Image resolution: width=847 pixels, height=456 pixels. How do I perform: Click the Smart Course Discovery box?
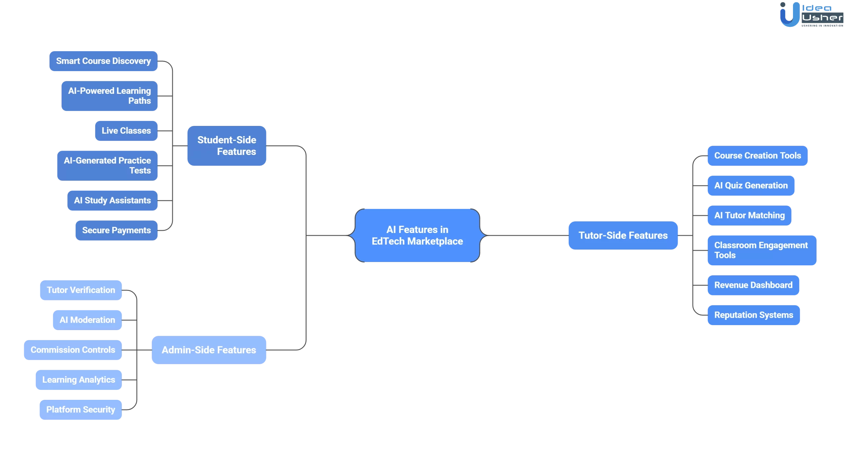coord(103,61)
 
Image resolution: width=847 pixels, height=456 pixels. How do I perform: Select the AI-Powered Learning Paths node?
coord(109,96)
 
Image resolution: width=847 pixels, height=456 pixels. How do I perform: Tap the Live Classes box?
coord(126,131)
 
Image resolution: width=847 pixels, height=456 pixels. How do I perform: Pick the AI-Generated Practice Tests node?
coord(107,166)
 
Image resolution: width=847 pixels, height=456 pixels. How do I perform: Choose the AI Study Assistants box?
coord(112,201)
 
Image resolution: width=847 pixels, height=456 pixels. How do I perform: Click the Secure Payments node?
coord(116,230)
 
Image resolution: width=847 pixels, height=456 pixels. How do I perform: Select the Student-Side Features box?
coord(227,146)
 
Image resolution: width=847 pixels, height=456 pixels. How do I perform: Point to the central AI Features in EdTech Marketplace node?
coord(417,235)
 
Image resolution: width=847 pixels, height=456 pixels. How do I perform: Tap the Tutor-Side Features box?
coord(623,235)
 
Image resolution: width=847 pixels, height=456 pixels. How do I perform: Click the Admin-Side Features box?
coord(209,350)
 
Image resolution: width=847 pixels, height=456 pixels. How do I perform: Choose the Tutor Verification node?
coord(81,290)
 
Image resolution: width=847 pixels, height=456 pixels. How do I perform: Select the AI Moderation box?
coord(87,320)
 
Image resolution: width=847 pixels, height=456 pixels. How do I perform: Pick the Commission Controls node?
coord(73,350)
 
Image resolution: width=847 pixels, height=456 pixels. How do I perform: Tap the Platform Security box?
coord(80,410)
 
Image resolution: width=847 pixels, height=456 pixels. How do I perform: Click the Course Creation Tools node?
coord(757,156)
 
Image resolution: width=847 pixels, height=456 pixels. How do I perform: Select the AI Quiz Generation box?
coord(751,186)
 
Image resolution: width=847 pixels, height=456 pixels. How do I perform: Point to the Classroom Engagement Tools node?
coord(762,250)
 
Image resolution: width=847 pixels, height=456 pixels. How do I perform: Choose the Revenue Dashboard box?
coord(753,285)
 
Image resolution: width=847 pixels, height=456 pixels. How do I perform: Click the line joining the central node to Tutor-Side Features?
coord(526,235)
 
